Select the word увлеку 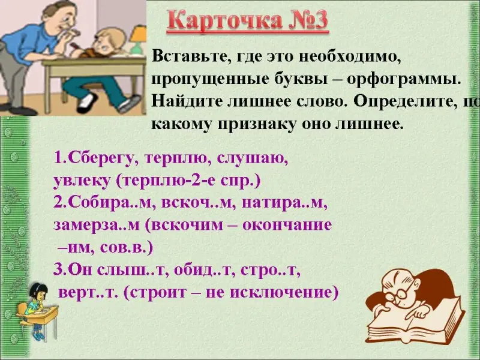point(82,181)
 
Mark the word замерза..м point(96,226)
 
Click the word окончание point(287,226)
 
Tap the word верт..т point(88,293)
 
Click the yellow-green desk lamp point(138,40)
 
